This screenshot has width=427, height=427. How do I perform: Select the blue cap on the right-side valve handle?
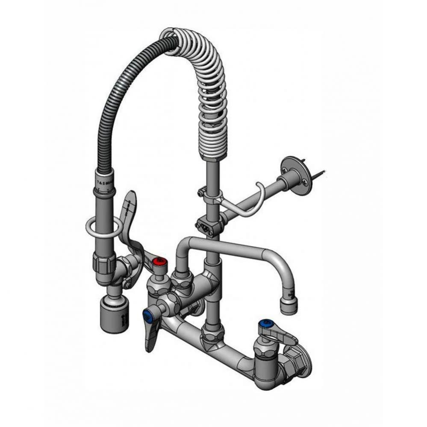(x=267, y=323)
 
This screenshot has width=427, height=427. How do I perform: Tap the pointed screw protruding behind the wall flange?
(x=319, y=174)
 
